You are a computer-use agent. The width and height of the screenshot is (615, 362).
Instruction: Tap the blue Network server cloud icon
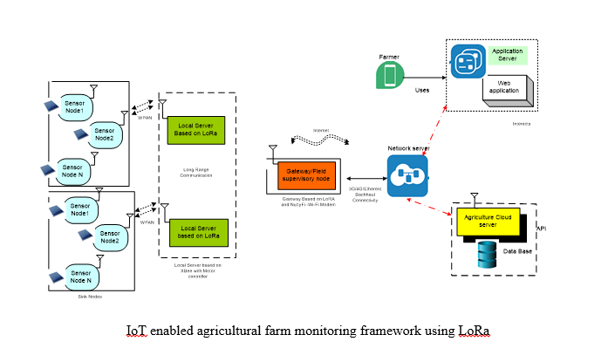[407, 175]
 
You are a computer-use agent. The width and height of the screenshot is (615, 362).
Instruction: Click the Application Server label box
[507, 55]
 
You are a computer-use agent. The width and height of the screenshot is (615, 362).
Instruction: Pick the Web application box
[504, 86]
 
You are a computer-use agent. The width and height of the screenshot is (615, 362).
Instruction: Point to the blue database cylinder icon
[486, 253]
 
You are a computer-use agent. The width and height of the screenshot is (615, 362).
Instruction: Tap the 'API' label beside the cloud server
[542, 228]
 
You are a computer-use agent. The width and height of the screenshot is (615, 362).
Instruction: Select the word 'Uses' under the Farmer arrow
[422, 89]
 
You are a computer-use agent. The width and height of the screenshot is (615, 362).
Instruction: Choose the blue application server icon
[468, 63]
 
